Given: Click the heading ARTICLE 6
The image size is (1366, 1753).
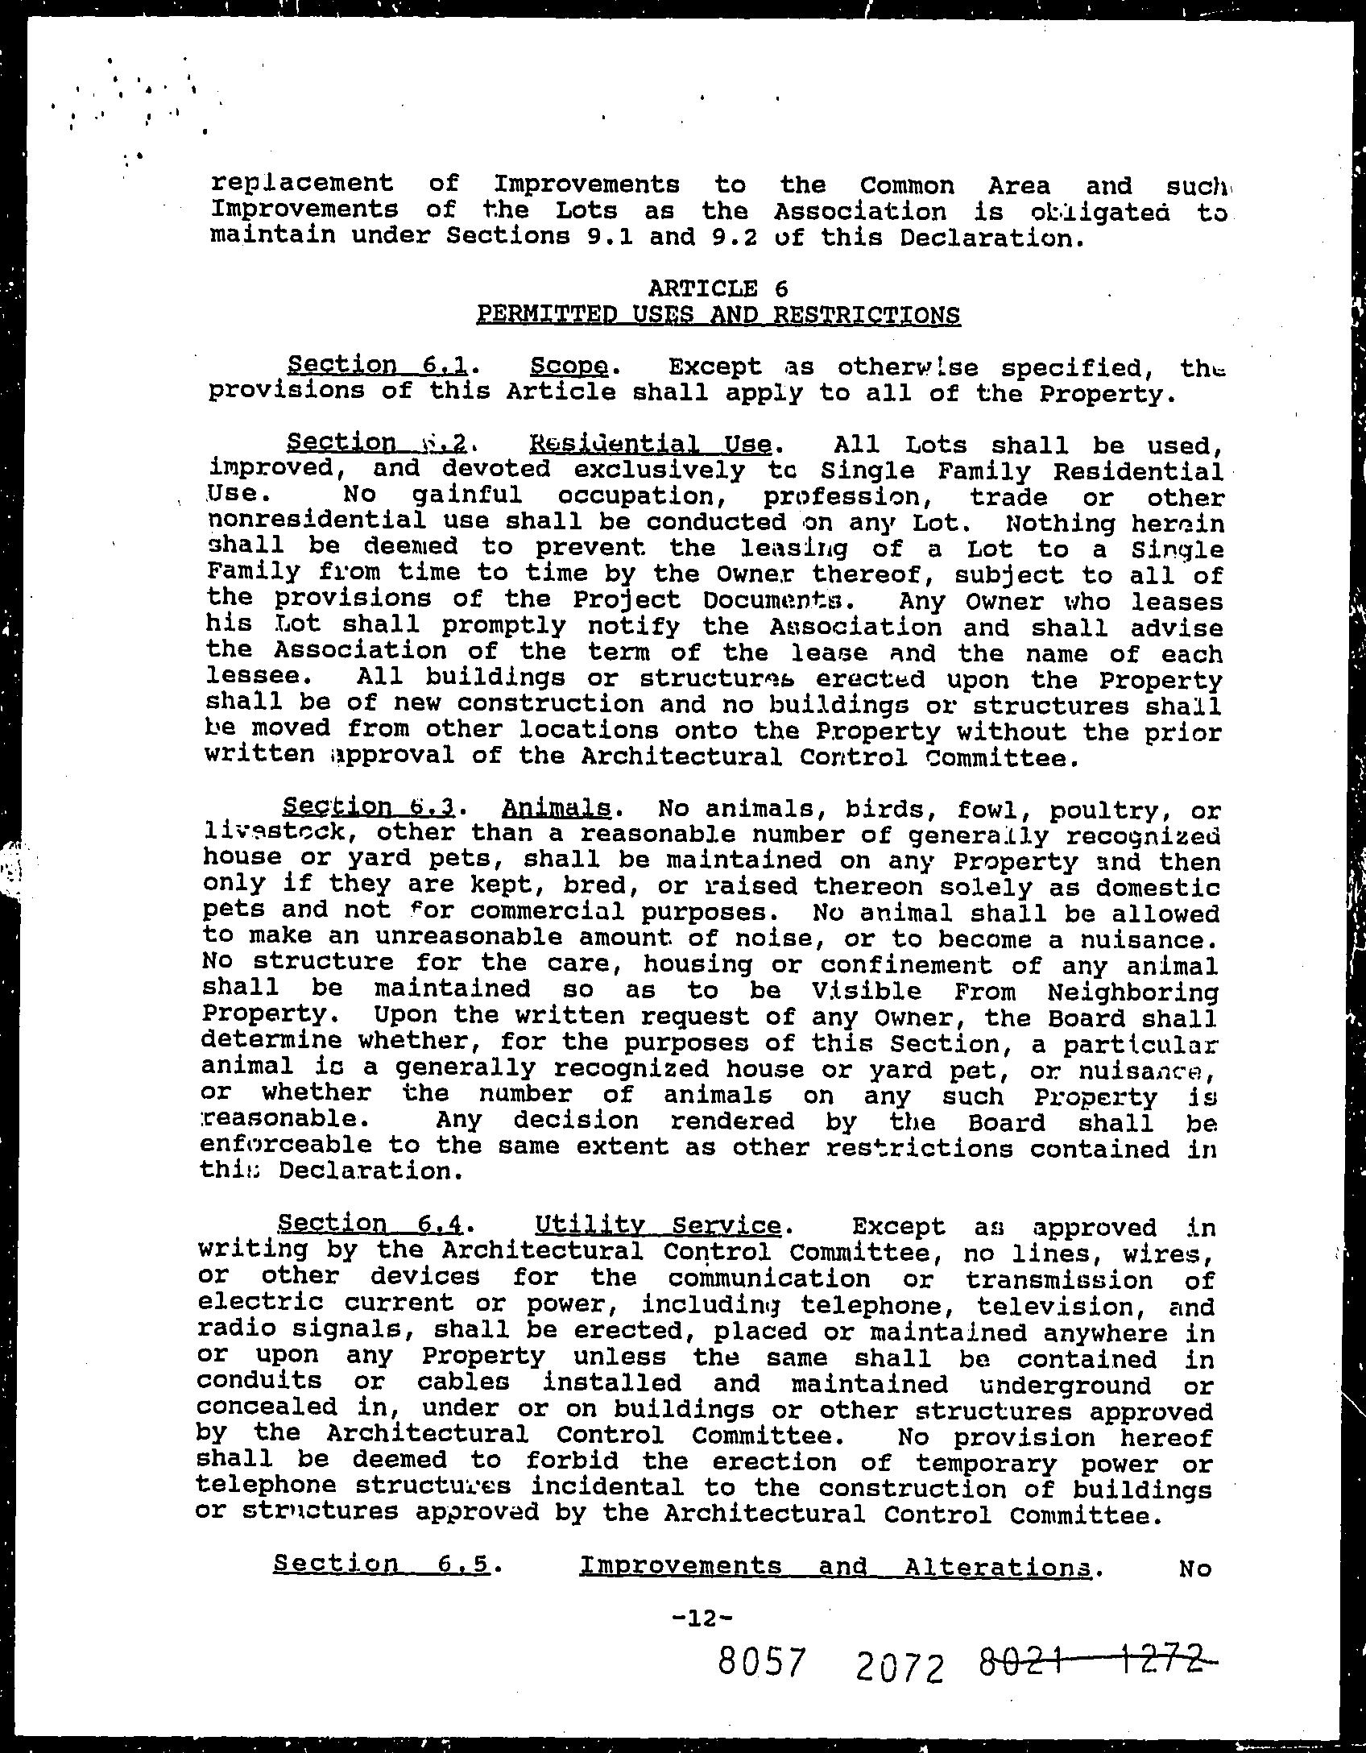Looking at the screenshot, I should point(718,288).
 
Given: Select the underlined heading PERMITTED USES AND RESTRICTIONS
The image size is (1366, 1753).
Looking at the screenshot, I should point(718,314).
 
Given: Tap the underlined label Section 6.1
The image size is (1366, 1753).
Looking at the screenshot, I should point(378,366).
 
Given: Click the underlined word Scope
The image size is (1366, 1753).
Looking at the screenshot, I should point(569,367).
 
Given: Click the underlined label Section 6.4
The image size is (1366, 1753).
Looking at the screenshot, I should point(370,1225).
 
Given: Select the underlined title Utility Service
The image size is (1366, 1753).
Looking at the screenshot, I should point(657,1225).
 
